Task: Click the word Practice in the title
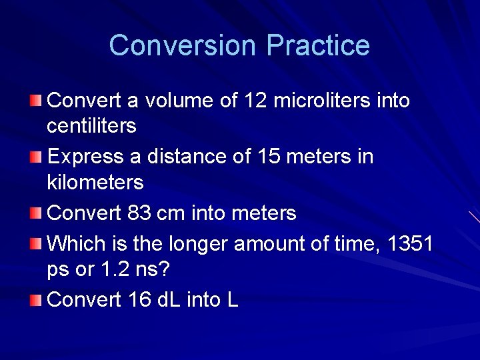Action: click(318, 46)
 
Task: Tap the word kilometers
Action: click(95, 181)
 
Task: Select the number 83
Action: click(139, 213)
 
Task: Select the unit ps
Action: click(59, 270)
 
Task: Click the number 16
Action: click(139, 300)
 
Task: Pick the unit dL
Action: click(172, 300)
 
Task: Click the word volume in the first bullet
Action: click(175, 101)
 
